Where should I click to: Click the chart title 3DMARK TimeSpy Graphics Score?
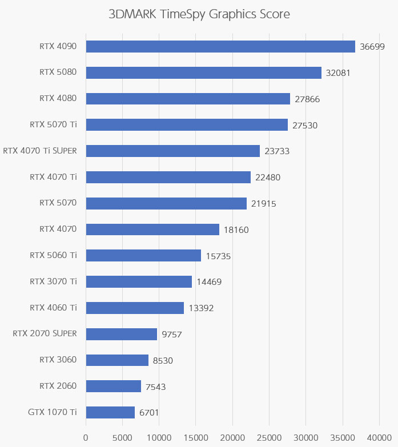pyautogui.click(x=199, y=14)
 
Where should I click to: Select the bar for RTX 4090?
pyautogui.click(x=220, y=46)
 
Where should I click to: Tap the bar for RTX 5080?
pyautogui.click(x=203, y=73)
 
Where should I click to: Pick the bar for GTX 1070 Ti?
pyautogui.click(x=110, y=412)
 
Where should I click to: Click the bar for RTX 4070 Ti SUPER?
pyautogui.click(x=172, y=151)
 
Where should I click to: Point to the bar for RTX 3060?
pyautogui.click(x=117, y=360)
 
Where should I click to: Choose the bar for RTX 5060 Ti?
pyautogui.click(x=143, y=255)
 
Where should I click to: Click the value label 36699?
pyautogui.click(x=372, y=47)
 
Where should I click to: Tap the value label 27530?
pyautogui.click(x=305, y=125)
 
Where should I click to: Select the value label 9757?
pyautogui.click(x=171, y=334)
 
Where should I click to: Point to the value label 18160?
pyautogui.click(x=236, y=229)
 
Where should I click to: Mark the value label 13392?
pyautogui.click(x=201, y=308)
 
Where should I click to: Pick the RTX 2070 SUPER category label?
pyautogui.click(x=45, y=333)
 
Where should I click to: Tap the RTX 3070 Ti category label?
pyautogui.click(x=53, y=281)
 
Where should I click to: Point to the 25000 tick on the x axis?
pyautogui.click(x=269, y=438)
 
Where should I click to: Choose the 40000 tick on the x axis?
pyautogui.click(x=379, y=438)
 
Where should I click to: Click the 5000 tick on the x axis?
pyautogui.click(x=122, y=438)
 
